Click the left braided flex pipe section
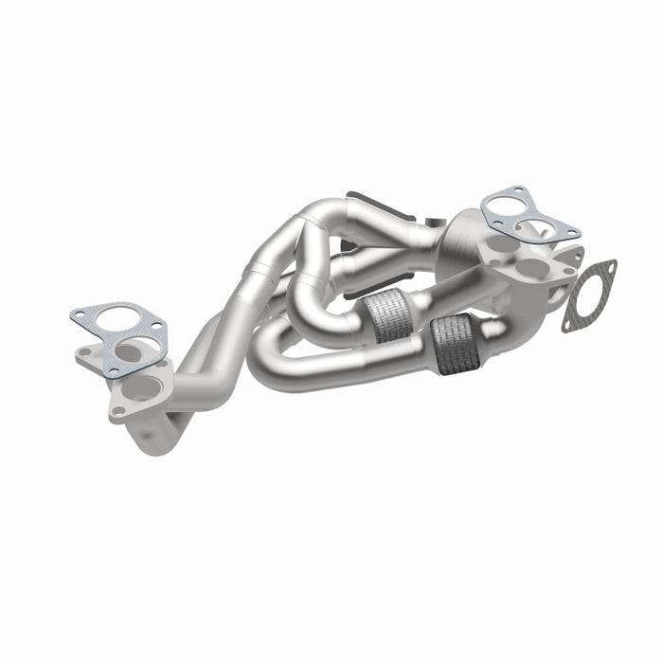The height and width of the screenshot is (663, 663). coord(389,316)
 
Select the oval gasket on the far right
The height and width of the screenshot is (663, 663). coord(588,296)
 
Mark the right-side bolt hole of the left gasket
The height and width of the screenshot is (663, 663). coord(157,328)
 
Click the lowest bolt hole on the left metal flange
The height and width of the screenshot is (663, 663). coord(117,411)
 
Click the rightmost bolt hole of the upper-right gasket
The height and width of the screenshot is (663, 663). coord(573,232)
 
